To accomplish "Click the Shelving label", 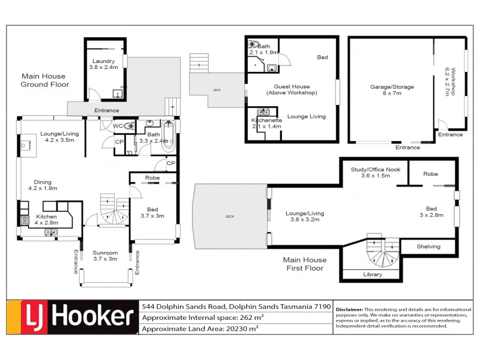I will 428,247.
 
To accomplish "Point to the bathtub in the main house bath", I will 168,136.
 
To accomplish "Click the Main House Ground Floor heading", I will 45,80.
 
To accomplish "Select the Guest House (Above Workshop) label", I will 291,89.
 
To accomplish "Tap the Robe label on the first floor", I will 430,173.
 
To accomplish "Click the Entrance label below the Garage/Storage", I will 407,147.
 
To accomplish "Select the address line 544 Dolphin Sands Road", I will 236,306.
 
